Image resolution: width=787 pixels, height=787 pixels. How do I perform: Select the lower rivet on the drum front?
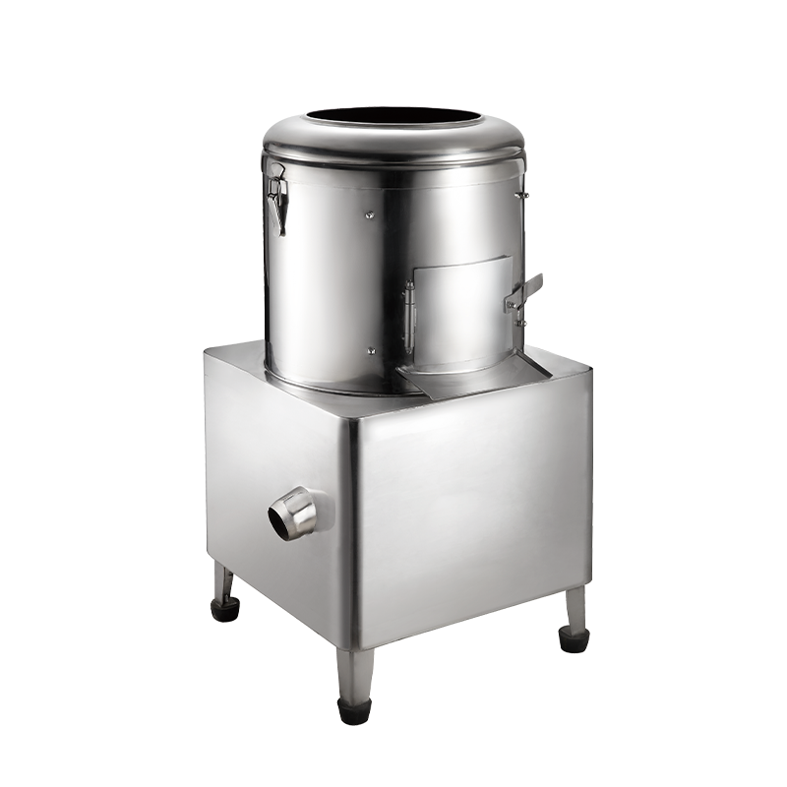(x=370, y=348)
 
